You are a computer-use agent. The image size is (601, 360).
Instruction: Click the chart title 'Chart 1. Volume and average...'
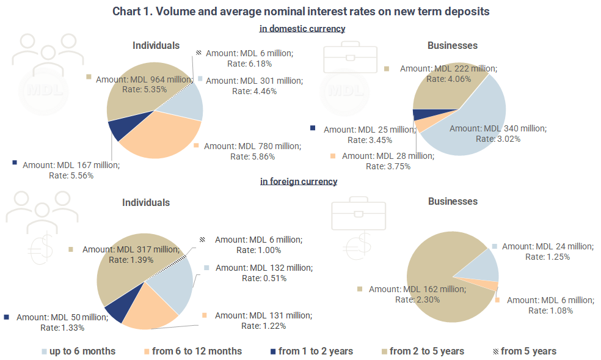(x=301, y=12)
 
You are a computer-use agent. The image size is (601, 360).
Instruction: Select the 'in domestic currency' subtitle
(x=302, y=29)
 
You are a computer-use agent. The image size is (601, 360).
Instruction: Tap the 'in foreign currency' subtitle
(x=298, y=182)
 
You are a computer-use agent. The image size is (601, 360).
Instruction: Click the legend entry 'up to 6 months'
(x=82, y=351)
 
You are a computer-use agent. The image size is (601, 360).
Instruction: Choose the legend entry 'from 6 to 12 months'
(x=197, y=351)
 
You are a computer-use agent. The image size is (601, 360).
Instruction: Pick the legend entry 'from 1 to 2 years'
(x=315, y=351)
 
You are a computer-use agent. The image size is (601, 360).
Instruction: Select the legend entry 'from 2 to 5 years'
(x=426, y=351)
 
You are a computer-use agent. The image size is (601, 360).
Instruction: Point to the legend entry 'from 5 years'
(x=528, y=351)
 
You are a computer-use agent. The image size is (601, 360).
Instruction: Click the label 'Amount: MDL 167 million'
(x=71, y=165)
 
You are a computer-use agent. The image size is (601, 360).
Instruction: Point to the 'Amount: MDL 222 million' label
(x=448, y=69)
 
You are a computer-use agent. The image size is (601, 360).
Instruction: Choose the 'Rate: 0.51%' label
(x=264, y=278)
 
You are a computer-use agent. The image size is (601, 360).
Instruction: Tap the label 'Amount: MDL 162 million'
(x=417, y=289)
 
